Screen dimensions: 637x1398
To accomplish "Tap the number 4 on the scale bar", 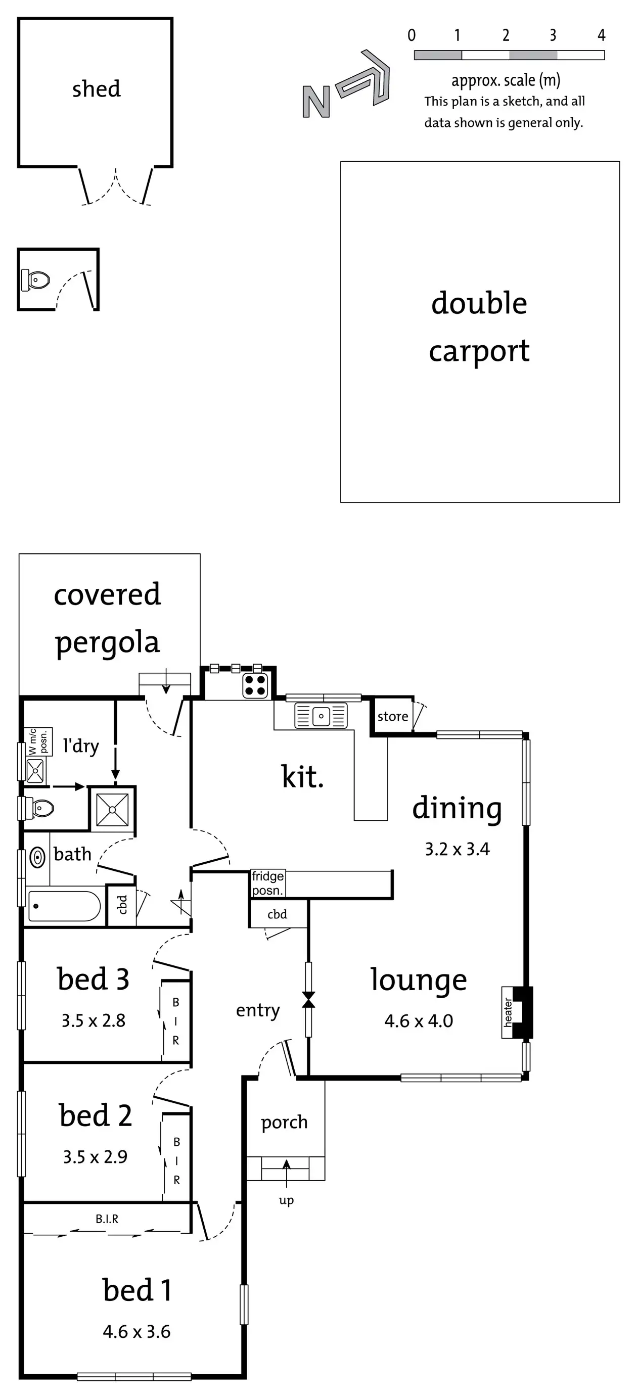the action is tap(601, 36).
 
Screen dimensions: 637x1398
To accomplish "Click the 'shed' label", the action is tap(96, 89).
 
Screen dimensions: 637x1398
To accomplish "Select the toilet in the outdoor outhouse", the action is tap(35, 280).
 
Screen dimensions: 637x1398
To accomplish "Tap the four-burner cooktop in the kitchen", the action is tap(255, 685).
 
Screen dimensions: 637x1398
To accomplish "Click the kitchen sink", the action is tap(321, 716).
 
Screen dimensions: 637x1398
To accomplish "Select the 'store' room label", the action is tap(393, 716).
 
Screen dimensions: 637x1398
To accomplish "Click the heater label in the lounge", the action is tap(508, 1013).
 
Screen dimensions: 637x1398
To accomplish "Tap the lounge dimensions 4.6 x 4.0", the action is tap(418, 1021).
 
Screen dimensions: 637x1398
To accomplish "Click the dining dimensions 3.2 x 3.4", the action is tap(457, 849).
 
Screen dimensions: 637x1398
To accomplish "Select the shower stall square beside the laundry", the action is tap(112, 809).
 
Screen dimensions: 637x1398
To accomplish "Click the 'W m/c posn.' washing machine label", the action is tap(38, 742).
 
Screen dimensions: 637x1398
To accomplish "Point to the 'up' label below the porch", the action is tap(286, 1200).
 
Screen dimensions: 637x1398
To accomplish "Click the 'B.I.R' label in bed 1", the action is tap(107, 1219).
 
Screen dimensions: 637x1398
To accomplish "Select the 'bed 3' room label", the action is tap(93, 980).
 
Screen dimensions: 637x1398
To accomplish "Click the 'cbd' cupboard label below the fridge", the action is tap(277, 914).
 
